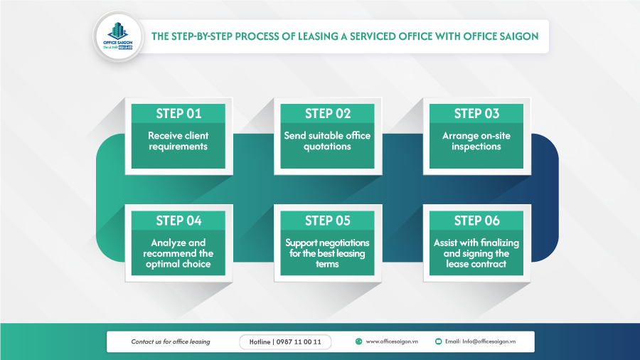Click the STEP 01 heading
click(178, 114)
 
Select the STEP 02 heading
click(328, 114)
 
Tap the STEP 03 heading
click(476, 114)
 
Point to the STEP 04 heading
click(178, 221)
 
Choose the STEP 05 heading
click(328, 221)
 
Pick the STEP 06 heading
click(476, 221)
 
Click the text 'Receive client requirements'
click(178, 141)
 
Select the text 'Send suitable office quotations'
click(328, 141)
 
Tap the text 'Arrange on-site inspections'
click(476, 141)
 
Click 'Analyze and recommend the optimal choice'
click(178, 253)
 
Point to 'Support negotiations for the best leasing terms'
click(328, 253)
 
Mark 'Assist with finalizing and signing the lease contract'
click(476, 253)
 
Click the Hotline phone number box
click(285, 342)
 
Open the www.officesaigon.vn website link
click(392, 342)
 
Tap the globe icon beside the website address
click(358, 342)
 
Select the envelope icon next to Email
click(438, 342)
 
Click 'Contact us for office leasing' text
click(171, 342)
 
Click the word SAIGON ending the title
click(520, 36)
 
